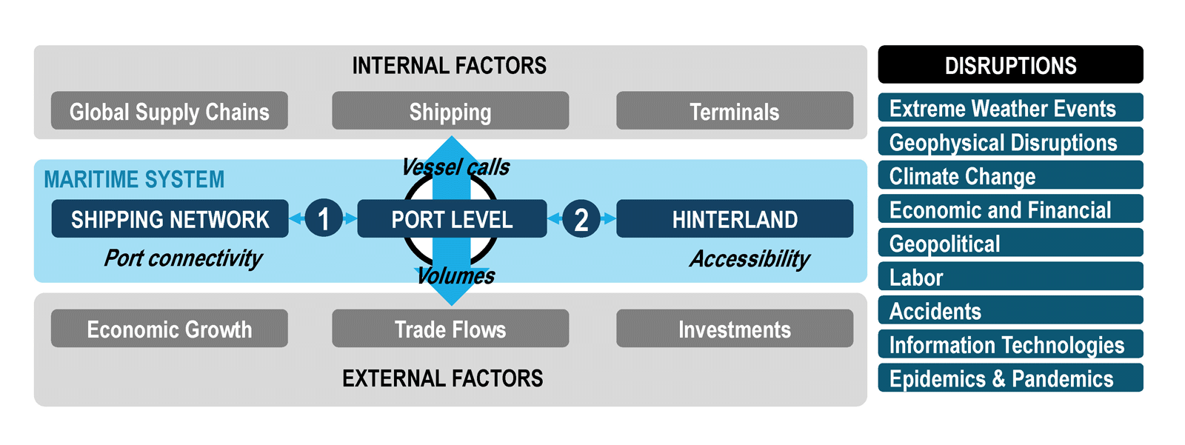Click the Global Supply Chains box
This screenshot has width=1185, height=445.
tap(170, 110)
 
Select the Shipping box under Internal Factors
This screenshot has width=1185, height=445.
tap(450, 110)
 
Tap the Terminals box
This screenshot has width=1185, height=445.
tap(735, 110)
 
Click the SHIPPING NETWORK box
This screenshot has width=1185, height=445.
tap(170, 218)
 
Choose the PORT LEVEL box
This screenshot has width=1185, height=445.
tap(453, 218)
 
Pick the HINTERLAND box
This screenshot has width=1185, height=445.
tap(735, 218)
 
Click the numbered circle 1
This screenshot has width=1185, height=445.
tap(324, 218)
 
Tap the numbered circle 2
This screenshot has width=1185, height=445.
tap(581, 218)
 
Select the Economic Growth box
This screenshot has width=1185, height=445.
tap(170, 329)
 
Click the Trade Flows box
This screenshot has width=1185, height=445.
tap(450, 329)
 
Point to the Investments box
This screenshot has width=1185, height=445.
tap(735, 329)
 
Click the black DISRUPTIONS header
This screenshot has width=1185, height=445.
tap(1010, 64)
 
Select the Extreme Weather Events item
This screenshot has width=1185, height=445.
tap(1010, 107)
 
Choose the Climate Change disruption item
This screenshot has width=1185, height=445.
tap(1010, 175)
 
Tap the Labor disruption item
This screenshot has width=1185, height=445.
tap(1010, 276)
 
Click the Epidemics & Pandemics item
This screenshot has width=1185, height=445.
tap(1010, 378)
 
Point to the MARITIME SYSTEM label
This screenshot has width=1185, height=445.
tap(134, 179)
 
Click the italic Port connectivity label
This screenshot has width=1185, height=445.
tap(183, 258)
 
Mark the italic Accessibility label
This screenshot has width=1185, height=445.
tap(750, 259)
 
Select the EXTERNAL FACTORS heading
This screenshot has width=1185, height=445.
tap(443, 379)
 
